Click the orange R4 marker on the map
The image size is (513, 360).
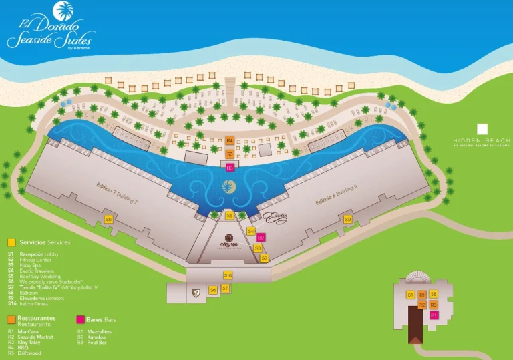[230, 140]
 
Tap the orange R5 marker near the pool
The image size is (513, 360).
[230, 154]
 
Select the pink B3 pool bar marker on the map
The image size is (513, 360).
[230, 168]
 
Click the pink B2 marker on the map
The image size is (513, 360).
[261, 237]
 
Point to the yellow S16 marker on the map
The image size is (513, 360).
[228, 275]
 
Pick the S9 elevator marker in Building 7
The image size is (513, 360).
[108, 219]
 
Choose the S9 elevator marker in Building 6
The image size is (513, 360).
[347, 219]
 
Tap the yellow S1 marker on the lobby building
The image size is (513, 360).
[411, 295]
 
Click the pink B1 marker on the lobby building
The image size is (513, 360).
[434, 315]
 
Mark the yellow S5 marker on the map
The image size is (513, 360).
[229, 216]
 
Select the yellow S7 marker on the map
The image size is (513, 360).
[226, 289]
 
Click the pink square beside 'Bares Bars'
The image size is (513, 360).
[81, 320]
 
